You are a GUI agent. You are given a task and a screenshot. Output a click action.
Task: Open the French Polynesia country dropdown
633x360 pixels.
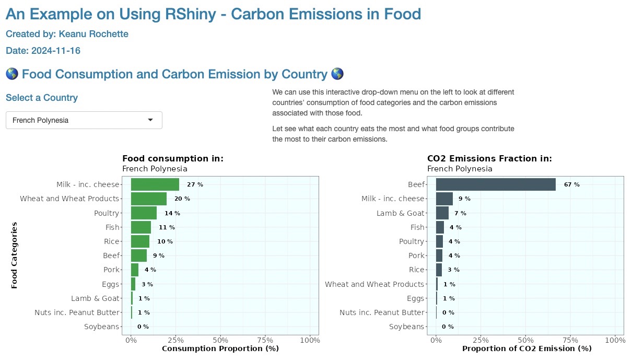(84, 120)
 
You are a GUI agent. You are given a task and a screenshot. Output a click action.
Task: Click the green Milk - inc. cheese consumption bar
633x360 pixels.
(155, 184)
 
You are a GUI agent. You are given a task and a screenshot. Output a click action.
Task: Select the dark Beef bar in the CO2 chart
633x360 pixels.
(496, 184)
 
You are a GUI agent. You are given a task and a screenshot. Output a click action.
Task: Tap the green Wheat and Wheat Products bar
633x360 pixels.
(149, 199)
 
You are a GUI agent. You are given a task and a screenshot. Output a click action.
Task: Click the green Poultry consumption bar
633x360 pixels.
(144, 213)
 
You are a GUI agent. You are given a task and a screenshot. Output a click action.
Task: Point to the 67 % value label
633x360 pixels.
(571, 184)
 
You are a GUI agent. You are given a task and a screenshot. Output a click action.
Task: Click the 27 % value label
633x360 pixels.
(195, 184)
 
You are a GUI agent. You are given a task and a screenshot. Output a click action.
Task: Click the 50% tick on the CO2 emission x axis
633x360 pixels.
(526, 340)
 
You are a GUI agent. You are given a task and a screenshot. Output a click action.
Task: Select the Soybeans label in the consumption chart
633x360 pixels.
(101, 327)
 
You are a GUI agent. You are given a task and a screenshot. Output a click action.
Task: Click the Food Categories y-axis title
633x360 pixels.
(15, 256)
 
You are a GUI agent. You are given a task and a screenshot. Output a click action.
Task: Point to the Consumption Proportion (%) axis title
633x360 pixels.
(220, 349)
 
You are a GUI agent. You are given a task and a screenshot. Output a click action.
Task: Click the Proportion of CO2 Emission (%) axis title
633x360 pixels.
(526, 349)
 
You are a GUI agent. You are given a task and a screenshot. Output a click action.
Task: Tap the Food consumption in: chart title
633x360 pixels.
(173, 159)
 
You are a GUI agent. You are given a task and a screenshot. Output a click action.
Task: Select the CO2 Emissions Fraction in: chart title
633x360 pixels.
(489, 159)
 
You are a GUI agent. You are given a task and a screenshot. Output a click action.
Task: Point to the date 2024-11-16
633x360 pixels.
(56, 51)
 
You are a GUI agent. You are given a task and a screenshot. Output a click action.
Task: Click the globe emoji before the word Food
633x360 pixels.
(12, 74)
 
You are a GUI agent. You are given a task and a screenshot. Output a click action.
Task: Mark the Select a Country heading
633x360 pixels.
(42, 98)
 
